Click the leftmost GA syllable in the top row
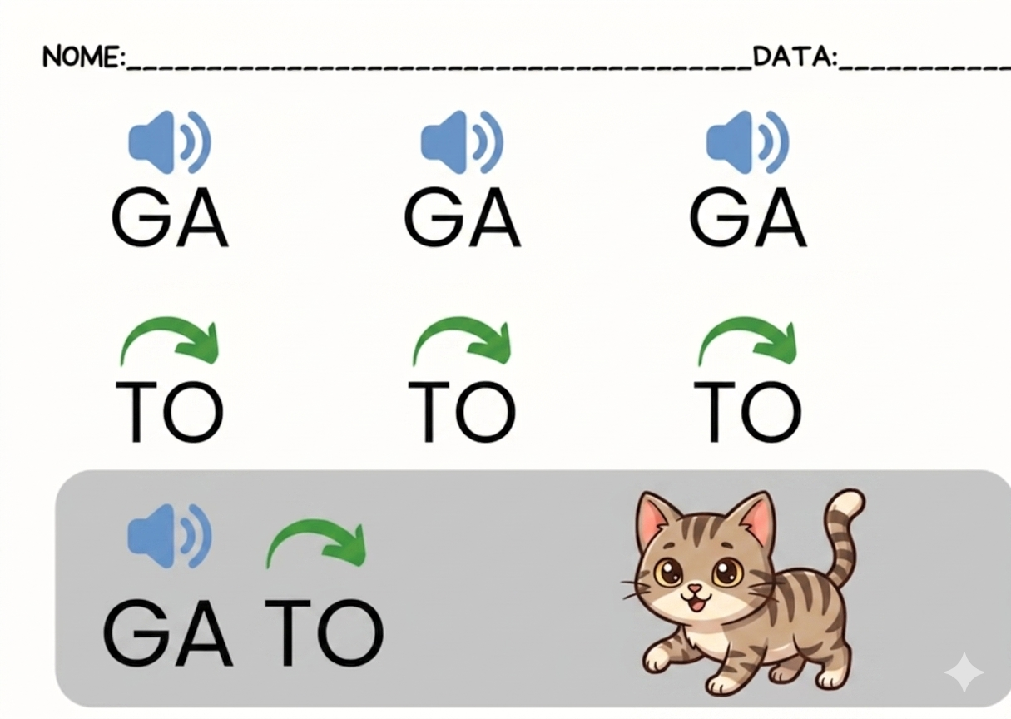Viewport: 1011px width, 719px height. pyautogui.click(x=170, y=217)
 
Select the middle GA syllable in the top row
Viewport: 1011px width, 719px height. pyautogui.click(x=463, y=217)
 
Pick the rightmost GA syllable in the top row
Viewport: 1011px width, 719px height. pyautogui.click(x=748, y=217)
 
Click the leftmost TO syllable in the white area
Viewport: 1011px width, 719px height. pyautogui.click(x=169, y=411)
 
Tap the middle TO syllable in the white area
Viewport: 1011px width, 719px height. pyautogui.click(x=462, y=411)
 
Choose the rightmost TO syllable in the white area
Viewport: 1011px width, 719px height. pyautogui.click(x=747, y=411)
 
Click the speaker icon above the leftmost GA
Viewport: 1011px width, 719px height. pyautogui.click(x=169, y=141)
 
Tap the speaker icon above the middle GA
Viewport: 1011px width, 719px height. pyautogui.click(x=462, y=141)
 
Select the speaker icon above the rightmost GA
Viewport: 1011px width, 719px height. pyautogui.click(x=747, y=141)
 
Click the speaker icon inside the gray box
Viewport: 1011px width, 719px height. pyautogui.click(x=169, y=536)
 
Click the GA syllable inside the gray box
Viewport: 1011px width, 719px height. pyautogui.click(x=168, y=632)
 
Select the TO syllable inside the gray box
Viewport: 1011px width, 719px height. pyautogui.click(x=325, y=632)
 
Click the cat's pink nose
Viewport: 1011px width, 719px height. pyautogui.click(x=696, y=589)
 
